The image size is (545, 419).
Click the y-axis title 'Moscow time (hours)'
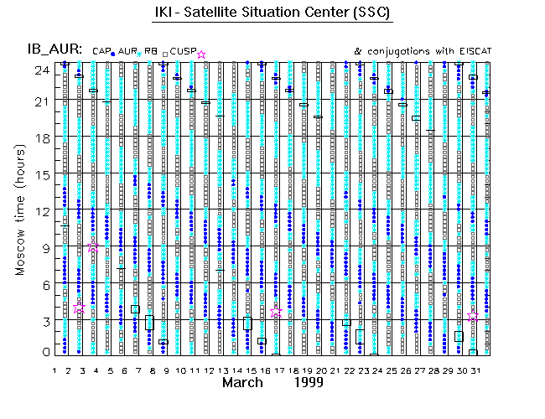pos(19,209)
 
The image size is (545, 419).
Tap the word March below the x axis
pos(246,382)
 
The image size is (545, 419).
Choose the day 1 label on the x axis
pos(54,369)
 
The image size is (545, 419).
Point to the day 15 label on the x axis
pos(249,369)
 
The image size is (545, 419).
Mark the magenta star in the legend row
pos(201,54)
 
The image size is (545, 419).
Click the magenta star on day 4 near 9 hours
pos(94,248)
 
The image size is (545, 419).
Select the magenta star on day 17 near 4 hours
pos(277,311)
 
